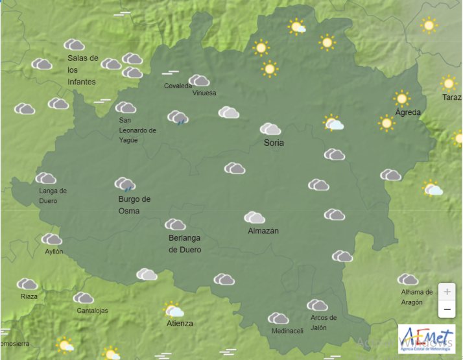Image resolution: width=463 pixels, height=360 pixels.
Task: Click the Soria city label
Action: click(274, 143)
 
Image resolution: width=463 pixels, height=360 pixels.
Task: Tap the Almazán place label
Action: click(263, 230)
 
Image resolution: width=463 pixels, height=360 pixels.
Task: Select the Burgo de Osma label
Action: click(134, 205)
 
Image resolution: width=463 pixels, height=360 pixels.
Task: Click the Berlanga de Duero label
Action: click(185, 244)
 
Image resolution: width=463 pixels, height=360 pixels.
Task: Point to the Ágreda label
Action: click(408, 112)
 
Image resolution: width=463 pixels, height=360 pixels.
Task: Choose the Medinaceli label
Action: click(287, 331)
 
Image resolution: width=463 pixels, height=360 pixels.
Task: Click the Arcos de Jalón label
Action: click(324, 322)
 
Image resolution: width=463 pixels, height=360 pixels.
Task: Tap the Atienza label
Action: click(180, 323)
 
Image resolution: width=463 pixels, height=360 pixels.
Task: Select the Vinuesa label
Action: click(204, 93)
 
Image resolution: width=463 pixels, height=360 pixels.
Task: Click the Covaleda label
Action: click(178, 86)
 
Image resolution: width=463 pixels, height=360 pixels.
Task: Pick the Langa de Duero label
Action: click(53, 195)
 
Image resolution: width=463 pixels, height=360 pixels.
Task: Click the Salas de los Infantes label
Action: click(83, 70)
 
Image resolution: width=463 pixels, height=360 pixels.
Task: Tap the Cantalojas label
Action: click(92, 310)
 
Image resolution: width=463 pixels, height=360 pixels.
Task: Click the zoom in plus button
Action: click(447, 291)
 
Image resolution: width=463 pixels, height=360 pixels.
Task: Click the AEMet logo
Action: click(426, 338)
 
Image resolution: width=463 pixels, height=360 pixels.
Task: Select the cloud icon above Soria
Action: click(270, 129)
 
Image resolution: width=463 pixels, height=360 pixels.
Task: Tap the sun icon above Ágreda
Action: click(402, 99)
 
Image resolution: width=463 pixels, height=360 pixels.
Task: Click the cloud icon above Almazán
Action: click(254, 217)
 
